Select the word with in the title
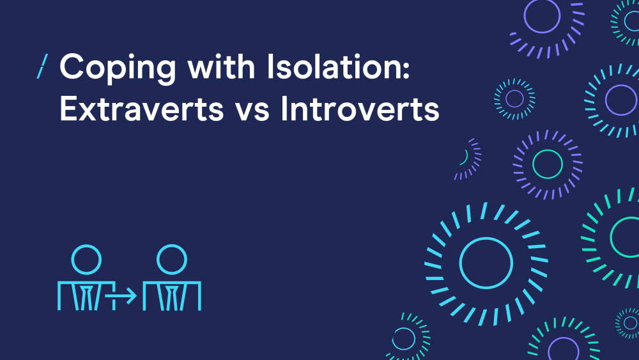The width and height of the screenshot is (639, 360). pyautogui.click(x=221, y=66)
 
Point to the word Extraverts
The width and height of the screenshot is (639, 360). pyautogui.click(x=141, y=109)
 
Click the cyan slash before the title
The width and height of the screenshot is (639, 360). pyautogui.click(x=42, y=66)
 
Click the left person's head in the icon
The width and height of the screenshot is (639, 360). pyautogui.click(x=86, y=260)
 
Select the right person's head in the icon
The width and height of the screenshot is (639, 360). pyautogui.click(x=172, y=260)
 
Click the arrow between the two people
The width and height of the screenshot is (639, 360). pyautogui.click(x=120, y=295)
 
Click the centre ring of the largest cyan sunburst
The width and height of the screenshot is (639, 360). pyautogui.click(x=460, y=263)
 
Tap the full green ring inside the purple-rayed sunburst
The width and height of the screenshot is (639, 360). pyautogui.click(x=534, y=164)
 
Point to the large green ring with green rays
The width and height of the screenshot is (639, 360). pyautogui.click(x=612, y=237)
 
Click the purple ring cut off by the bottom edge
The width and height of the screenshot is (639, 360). pyautogui.click(x=550, y=350)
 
